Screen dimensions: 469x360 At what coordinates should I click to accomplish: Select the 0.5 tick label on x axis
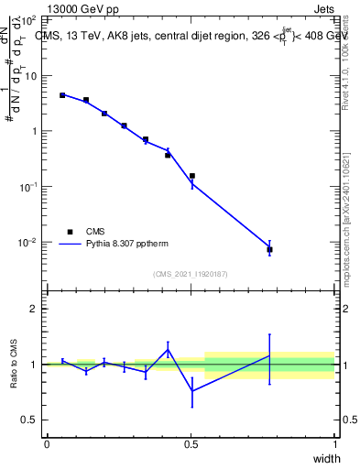tap(191, 444)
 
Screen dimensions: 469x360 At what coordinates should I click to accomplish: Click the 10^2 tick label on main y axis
tap(27, 20)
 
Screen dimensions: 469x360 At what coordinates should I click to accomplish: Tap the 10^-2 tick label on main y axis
tap(27, 243)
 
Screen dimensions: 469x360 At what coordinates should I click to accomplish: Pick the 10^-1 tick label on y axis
tap(27, 187)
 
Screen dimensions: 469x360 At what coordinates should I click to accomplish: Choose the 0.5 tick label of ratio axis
tap(28, 420)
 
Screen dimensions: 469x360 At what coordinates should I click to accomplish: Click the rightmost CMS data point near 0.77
tap(269, 249)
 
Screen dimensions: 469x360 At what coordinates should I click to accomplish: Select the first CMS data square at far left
tap(62, 94)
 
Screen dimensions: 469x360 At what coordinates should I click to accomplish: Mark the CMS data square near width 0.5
tap(192, 176)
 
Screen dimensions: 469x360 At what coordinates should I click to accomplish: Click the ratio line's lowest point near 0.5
tap(192, 391)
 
